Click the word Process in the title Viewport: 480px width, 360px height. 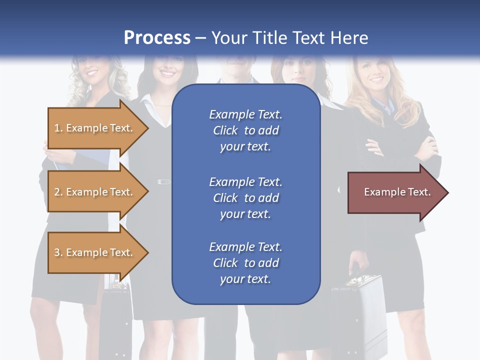coord(157,38)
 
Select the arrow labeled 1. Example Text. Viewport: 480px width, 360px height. coord(95,128)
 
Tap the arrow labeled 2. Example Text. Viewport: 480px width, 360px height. coord(95,192)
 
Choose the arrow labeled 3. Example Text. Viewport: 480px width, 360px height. coord(95,252)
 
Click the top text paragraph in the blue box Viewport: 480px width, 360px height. coord(245,130)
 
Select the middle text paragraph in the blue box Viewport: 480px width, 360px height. coord(245,197)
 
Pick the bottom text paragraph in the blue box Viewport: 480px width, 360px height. coord(245,263)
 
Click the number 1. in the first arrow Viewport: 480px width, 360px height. coord(58,128)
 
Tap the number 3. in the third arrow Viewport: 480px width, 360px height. coord(58,252)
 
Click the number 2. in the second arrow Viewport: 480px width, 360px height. coord(58,192)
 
